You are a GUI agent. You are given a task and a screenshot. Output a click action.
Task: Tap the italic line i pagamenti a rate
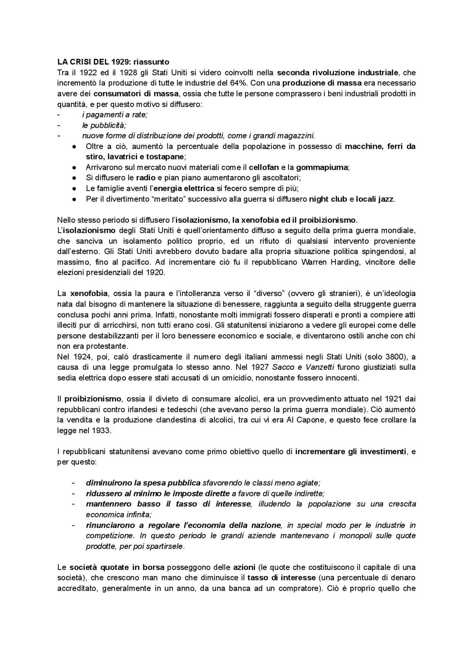pyautogui.click(x=115, y=115)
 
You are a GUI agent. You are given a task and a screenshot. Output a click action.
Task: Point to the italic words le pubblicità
pyautogui.click(x=104, y=125)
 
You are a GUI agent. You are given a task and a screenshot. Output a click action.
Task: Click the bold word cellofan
pyautogui.click(x=264, y=167)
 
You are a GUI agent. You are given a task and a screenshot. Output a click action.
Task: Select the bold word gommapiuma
pyautogui.click(x=322, y=167)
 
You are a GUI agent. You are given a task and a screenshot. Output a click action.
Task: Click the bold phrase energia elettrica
pyautogui.click(x=184, y=188)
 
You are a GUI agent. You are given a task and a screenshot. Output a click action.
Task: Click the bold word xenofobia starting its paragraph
pyautogui.click(x=89, y=293)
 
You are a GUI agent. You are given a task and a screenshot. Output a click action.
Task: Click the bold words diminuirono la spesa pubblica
pyautogui.click(x=143, y=483)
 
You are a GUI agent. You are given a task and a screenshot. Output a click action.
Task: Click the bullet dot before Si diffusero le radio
pyautogui.click(x=74, y=178)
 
